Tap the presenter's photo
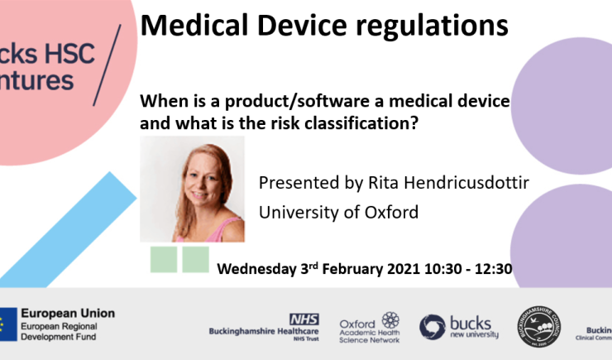click(x=192, y=189)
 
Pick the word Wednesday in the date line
click(x=259, y=269)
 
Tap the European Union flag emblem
click(x=7, y=324)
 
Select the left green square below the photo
click(x=164, y=259)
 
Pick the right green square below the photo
click(x=195, y=259)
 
